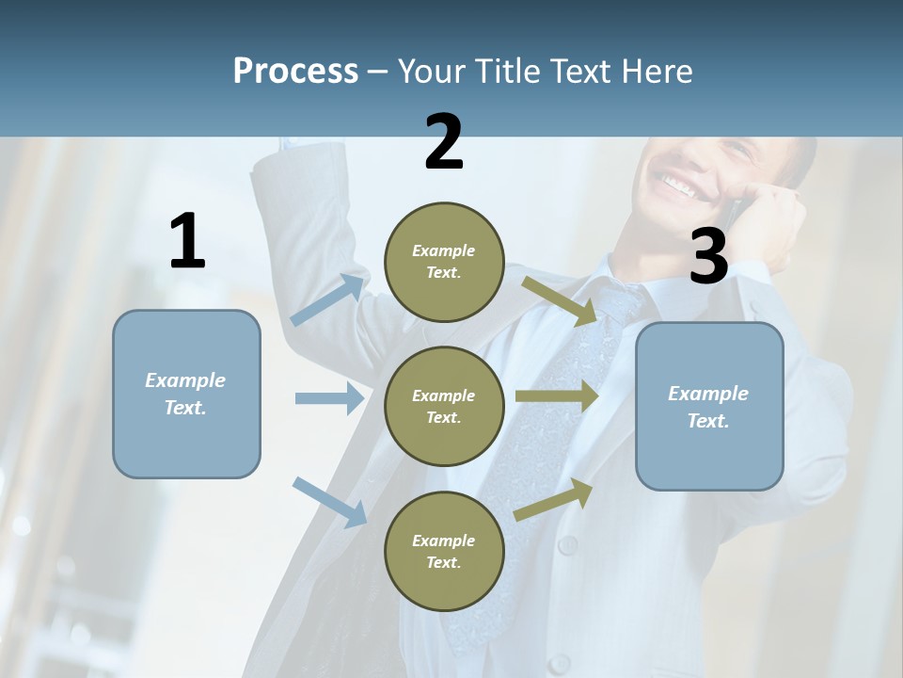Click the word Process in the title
(x=295, y=72)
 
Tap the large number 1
(x=187, y=242)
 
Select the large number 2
(x=444, y=142)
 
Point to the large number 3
(x=709, y=256)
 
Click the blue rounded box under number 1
(x=186, y=394)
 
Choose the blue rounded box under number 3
(x=709, y=407)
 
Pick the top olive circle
(x=444, y=262)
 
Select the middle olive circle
(x=444, y=406)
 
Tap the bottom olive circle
(x=444, y=551)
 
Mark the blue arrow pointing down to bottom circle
(x=329, y=501)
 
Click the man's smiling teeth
(x=679, y=186)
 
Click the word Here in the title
(x=658, y=72)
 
